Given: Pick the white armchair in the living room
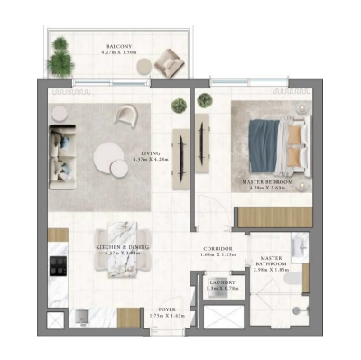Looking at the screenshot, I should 125,115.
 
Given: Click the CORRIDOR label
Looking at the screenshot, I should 217,248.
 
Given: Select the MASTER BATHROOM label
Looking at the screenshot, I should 270,261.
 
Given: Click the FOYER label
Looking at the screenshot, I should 167,309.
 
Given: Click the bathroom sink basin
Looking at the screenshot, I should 301,246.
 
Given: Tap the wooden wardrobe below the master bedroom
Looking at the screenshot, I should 273,217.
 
